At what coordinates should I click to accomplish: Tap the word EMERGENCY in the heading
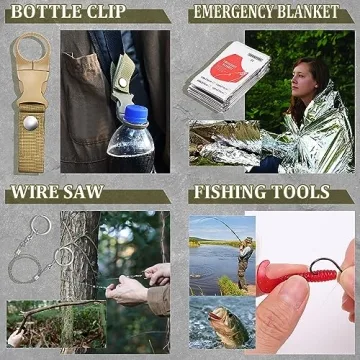(x=240, y=13)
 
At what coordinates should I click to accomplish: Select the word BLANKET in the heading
(x=319, y=13)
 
